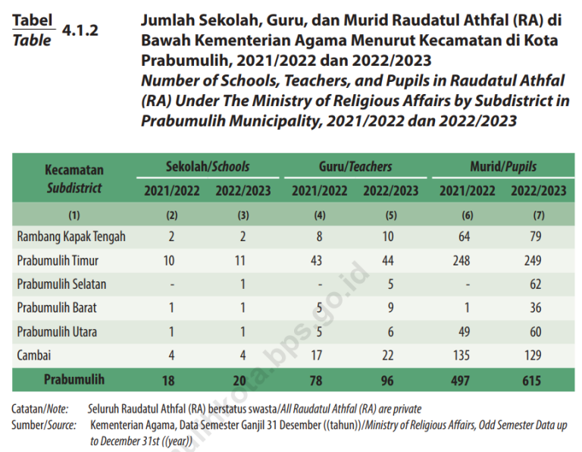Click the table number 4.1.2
(80, 31)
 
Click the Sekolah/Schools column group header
(207, 166)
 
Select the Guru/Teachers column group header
(355, 166)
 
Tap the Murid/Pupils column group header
(503, 166)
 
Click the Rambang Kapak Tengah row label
(71, 237)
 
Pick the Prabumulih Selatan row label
(61, 284)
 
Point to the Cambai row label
(33, 355)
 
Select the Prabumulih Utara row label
(57, 331)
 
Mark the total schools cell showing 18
(172, 379)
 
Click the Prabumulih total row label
(74, 378)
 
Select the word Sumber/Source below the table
(44, 425)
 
